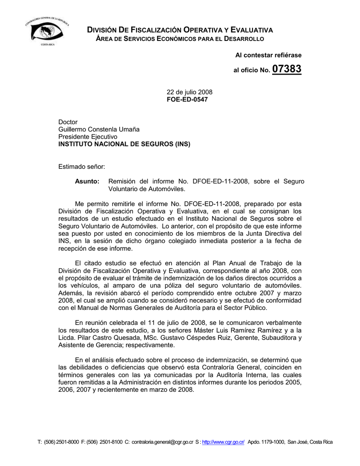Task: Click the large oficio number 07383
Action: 287,70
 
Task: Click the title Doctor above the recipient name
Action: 68,122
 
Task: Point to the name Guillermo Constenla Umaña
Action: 99,129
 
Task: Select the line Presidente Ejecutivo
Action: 88,137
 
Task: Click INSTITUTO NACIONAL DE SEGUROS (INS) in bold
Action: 124,144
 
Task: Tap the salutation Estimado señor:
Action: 81,167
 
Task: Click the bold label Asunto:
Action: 87,181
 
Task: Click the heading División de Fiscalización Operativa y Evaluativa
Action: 180,30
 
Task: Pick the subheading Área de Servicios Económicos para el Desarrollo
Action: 179,39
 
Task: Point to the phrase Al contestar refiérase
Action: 268,55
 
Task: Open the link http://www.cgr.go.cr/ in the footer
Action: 223,442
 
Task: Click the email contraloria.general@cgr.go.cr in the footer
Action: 159,442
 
